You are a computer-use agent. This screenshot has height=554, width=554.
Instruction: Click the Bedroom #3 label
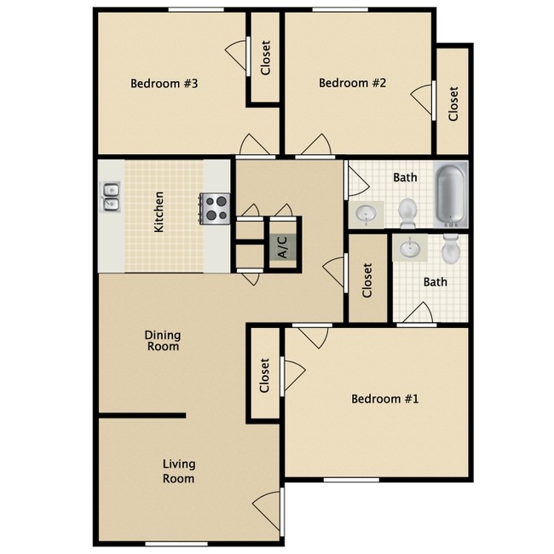164,84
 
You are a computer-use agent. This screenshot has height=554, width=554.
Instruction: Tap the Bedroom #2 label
353,83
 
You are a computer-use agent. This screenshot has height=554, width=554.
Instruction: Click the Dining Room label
162,341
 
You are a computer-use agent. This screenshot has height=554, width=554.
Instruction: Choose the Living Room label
179,471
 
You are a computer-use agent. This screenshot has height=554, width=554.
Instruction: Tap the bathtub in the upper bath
452,196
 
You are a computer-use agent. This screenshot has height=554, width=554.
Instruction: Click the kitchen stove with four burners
216,208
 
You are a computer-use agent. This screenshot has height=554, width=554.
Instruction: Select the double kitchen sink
111,197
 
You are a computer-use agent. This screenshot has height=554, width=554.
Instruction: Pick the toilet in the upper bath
408,209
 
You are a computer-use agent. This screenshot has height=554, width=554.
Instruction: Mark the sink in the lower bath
412,248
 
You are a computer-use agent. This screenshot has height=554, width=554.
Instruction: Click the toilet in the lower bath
451,248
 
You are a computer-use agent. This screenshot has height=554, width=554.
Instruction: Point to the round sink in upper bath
366,213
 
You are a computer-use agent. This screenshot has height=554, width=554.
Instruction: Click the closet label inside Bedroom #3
266,59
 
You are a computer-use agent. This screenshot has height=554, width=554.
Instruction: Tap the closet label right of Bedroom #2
453,104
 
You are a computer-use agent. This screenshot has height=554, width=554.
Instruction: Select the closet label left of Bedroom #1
265,376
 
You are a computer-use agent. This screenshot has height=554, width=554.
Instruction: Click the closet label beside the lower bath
368,280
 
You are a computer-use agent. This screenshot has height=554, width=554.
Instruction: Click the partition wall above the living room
141,415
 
